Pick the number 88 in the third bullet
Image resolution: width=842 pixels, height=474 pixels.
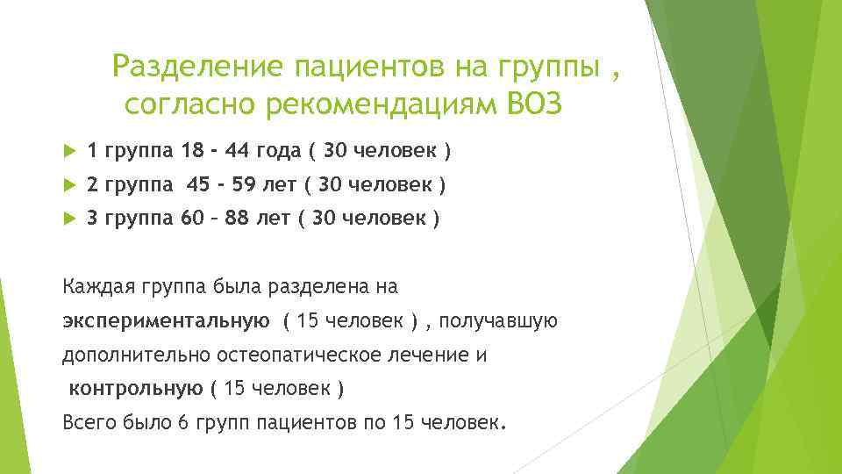237,219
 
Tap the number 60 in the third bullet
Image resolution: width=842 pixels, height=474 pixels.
191,219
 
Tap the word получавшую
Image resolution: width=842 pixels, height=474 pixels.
498,320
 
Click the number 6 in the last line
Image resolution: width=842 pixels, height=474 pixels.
182,421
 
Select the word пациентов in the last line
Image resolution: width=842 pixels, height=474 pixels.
303,421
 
